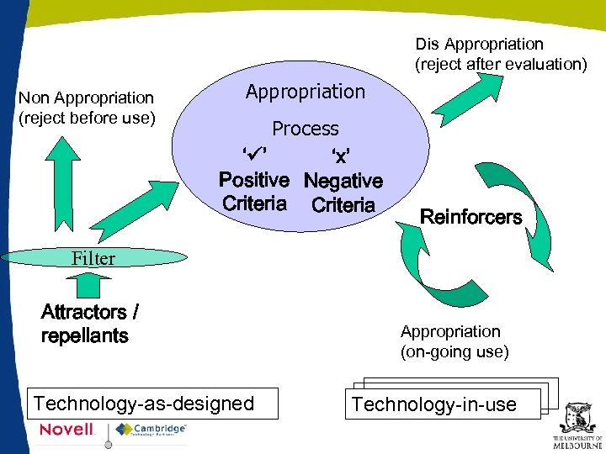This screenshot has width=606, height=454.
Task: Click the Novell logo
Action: pyautogui.click(x=67, y=430)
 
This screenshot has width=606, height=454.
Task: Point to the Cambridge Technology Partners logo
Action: pyautogui.click(x=151, y=430)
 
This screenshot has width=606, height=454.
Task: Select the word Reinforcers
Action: pyautogui.click(x=470, y=217)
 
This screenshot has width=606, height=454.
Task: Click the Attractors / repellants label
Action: pyautogui.click(x=89, y=324)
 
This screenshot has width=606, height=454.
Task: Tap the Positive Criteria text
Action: pyautogui.click(x=254, y=192)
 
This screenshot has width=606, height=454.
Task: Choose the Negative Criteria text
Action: pyautogui.click(x=343, y=193)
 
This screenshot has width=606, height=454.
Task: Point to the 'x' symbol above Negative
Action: pyautogui.click(x=340, y=156)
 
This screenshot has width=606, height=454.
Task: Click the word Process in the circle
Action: pyautogui.click(x=305, y=129)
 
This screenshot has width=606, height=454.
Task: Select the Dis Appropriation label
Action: pyautogui.click(x=501, y=54)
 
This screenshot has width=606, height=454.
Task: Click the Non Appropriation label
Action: pyautogui.click(x=87, y=108)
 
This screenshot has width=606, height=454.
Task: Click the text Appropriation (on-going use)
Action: pyautogui.click(x=454, y=341)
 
